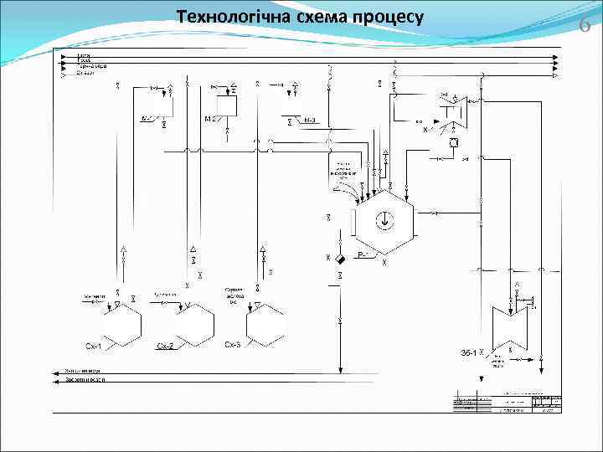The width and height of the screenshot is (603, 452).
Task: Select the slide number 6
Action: [585, 25]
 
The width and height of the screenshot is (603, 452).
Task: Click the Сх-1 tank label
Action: [94, 346]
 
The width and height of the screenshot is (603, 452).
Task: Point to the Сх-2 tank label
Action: [165, 346]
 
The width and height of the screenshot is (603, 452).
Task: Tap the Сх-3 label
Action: [233, 345]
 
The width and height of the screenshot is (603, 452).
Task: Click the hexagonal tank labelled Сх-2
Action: [193, 325]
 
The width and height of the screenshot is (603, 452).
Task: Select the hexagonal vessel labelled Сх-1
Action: [121, 325]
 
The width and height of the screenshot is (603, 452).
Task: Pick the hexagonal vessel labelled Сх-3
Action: [266, 325]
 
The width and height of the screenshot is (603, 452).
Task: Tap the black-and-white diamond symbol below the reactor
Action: [339, 259]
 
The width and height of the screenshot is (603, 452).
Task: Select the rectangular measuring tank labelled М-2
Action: [226, 105]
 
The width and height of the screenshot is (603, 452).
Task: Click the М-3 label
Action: [310, 120]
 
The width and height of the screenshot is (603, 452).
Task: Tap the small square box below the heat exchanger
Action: [453, 143]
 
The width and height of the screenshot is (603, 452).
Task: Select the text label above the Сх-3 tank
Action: [234, 296]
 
